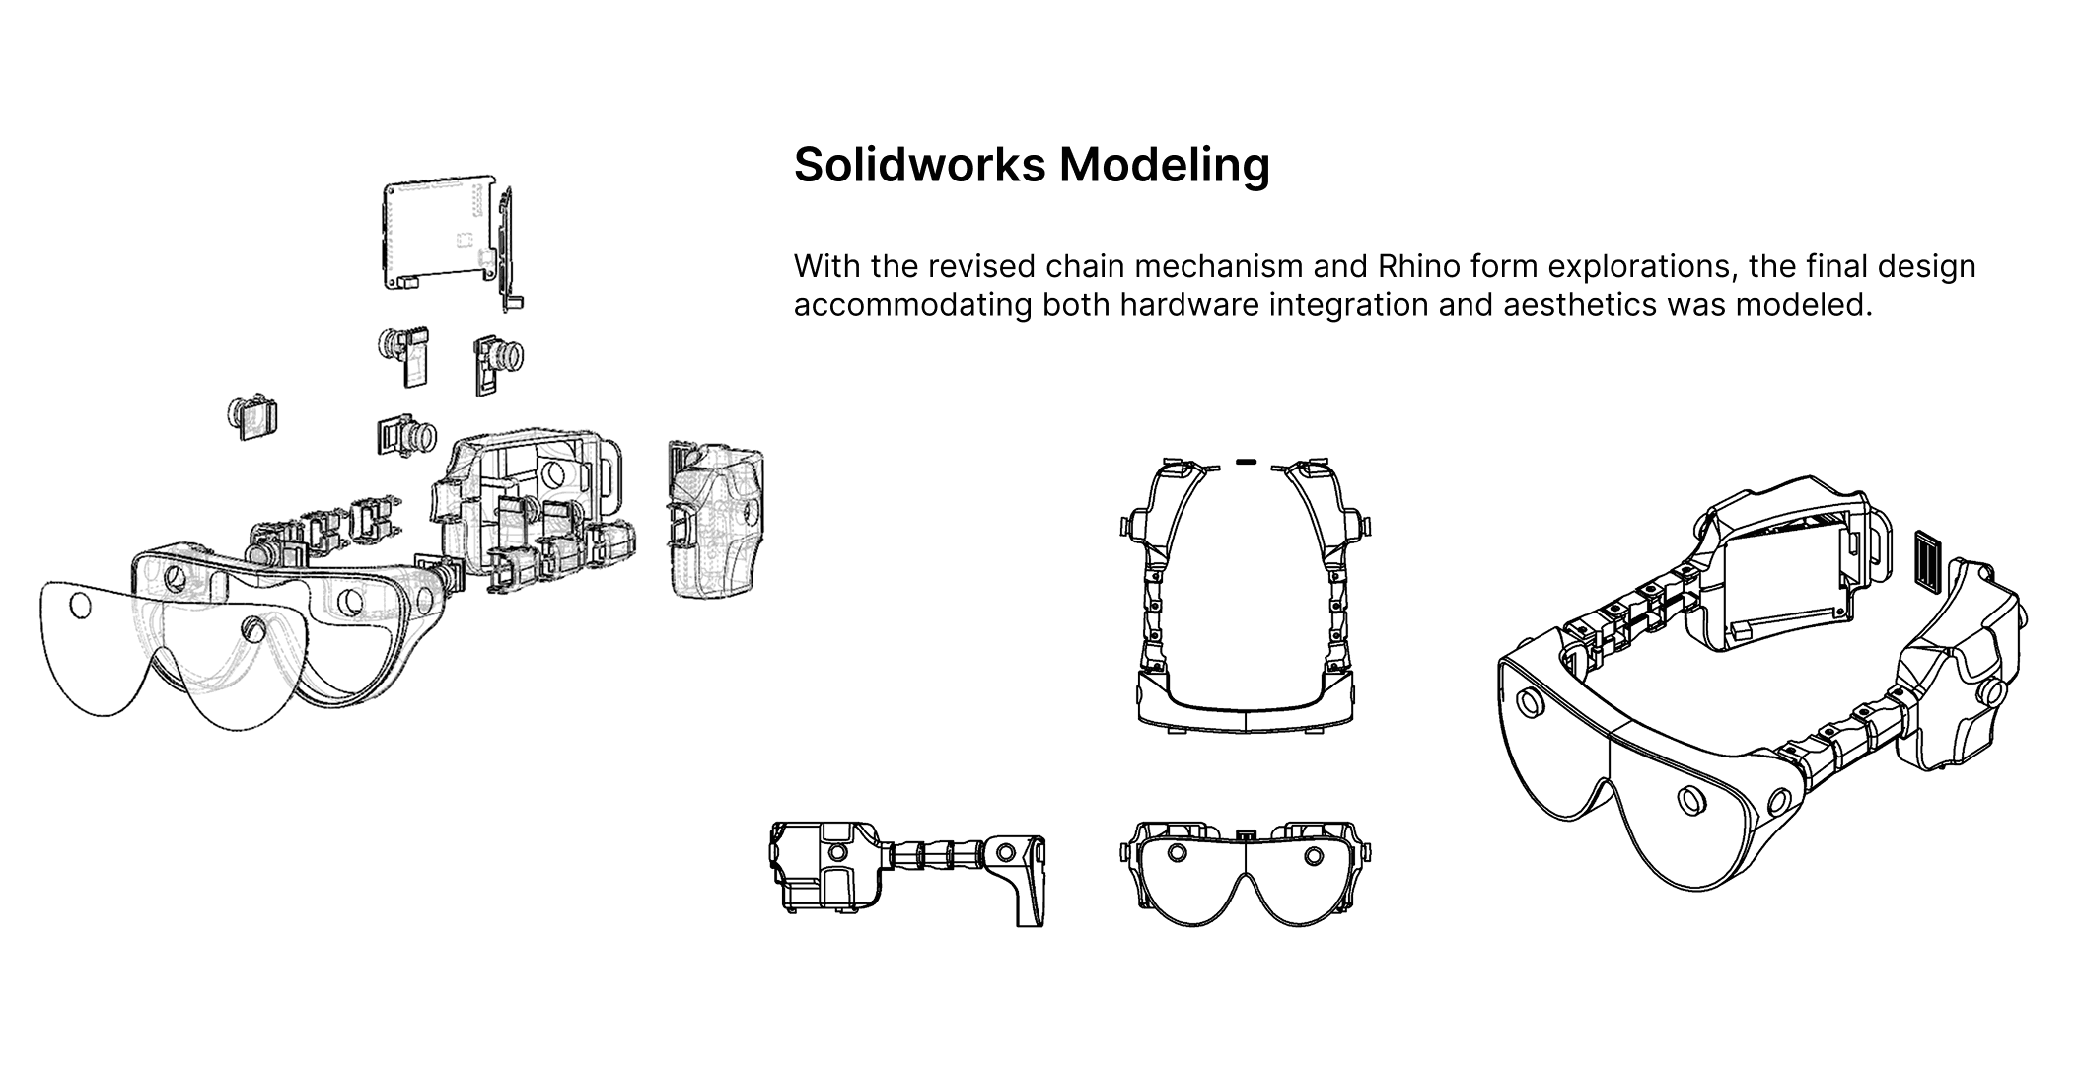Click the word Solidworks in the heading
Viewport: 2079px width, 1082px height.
coord(919,165)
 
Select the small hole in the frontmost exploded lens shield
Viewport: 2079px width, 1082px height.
coord(80,605)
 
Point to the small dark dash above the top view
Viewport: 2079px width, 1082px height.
coord(1246,460)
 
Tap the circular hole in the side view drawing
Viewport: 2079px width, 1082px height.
coord(1006,852)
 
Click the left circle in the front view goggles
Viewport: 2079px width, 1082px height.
coord(1176,852)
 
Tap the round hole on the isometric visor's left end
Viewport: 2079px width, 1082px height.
coord(1530,702)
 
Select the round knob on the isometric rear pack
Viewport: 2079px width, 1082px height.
coord(1991,692)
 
